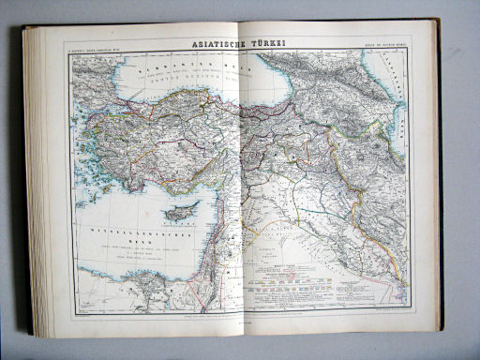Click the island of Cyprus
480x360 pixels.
184,211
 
